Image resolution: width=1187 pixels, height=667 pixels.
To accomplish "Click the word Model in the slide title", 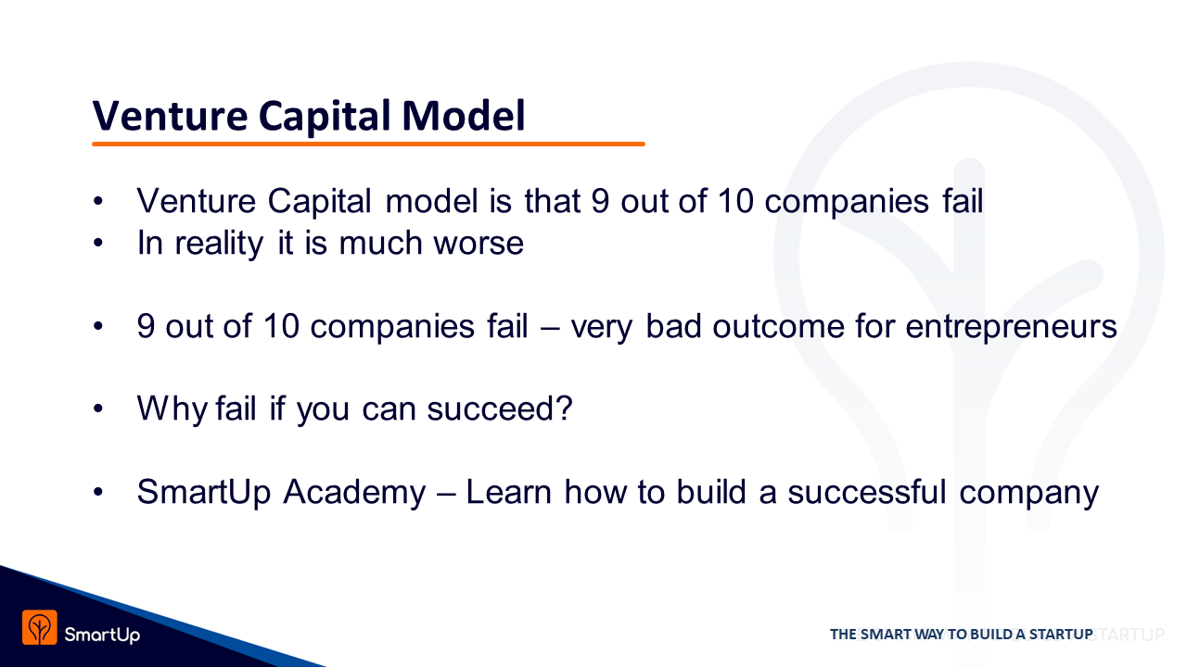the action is (464, 116).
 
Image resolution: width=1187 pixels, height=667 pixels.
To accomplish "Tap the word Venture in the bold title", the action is (170, 117).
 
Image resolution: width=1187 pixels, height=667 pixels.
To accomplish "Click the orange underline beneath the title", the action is (368, 144).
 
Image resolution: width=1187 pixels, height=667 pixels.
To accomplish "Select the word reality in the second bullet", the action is (219, 244).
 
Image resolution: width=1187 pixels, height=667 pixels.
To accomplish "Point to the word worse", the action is (479, 244).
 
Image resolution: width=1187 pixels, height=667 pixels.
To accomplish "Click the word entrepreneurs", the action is (1011, 327).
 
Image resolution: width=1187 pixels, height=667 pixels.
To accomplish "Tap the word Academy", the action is (354, 493).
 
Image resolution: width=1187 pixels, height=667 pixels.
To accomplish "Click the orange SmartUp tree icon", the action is (40, 628).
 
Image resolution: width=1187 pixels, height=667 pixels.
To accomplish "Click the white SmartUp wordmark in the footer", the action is (102, 635).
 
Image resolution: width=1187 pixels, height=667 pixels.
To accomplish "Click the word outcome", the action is (778, 326).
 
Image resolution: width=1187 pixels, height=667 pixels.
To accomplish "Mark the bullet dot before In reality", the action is (98, 243).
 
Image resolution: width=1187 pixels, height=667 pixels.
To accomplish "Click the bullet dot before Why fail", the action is (98, 409).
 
